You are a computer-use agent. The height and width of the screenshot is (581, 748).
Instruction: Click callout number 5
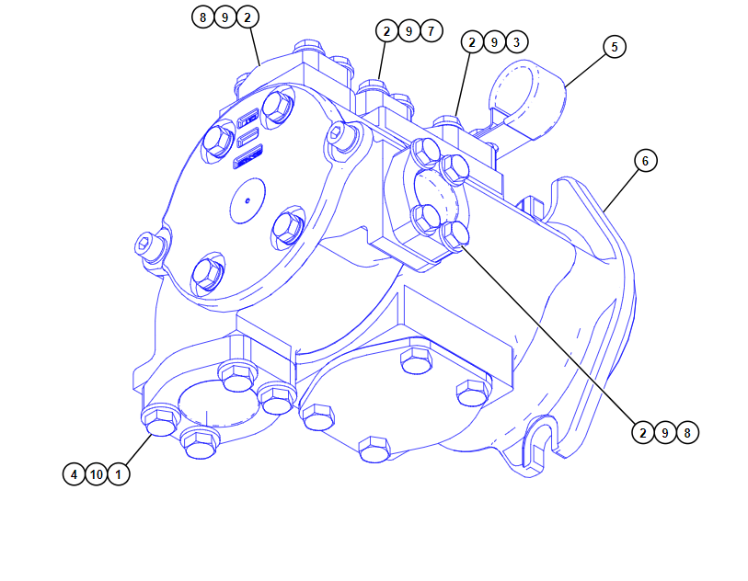(x=615, y=47)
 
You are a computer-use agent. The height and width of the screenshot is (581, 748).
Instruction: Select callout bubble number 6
(x=646, y=161)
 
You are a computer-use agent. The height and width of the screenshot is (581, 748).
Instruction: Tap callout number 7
(x=432, y=31)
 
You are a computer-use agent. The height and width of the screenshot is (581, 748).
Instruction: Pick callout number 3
(x=517, y=42)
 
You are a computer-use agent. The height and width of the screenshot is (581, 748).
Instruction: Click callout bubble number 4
(x=74, y=474)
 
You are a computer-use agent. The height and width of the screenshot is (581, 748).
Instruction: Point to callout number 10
(x=97, y=474)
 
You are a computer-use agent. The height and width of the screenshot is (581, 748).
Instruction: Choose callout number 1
(x=119, y=474)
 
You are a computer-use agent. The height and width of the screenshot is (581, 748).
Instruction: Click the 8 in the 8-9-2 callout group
(x=202, y=17)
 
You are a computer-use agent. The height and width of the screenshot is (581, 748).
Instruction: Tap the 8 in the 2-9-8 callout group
(x=687, y=433)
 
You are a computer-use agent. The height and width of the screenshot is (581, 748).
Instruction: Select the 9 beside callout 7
(x=409, y=31)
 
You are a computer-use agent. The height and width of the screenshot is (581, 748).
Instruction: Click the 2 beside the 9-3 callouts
(x=472, y=42)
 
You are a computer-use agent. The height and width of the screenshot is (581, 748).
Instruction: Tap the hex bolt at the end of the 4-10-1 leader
(x=161, y=420)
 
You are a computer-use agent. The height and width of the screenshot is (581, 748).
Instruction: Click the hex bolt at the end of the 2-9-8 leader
(x=454, y=235)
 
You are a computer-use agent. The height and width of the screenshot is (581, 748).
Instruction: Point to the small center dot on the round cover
(x=247, y=200)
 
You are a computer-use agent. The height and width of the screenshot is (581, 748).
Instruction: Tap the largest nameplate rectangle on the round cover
(x=248, y=157)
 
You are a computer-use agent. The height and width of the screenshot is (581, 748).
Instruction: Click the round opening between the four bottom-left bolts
(x=217, y=404)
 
